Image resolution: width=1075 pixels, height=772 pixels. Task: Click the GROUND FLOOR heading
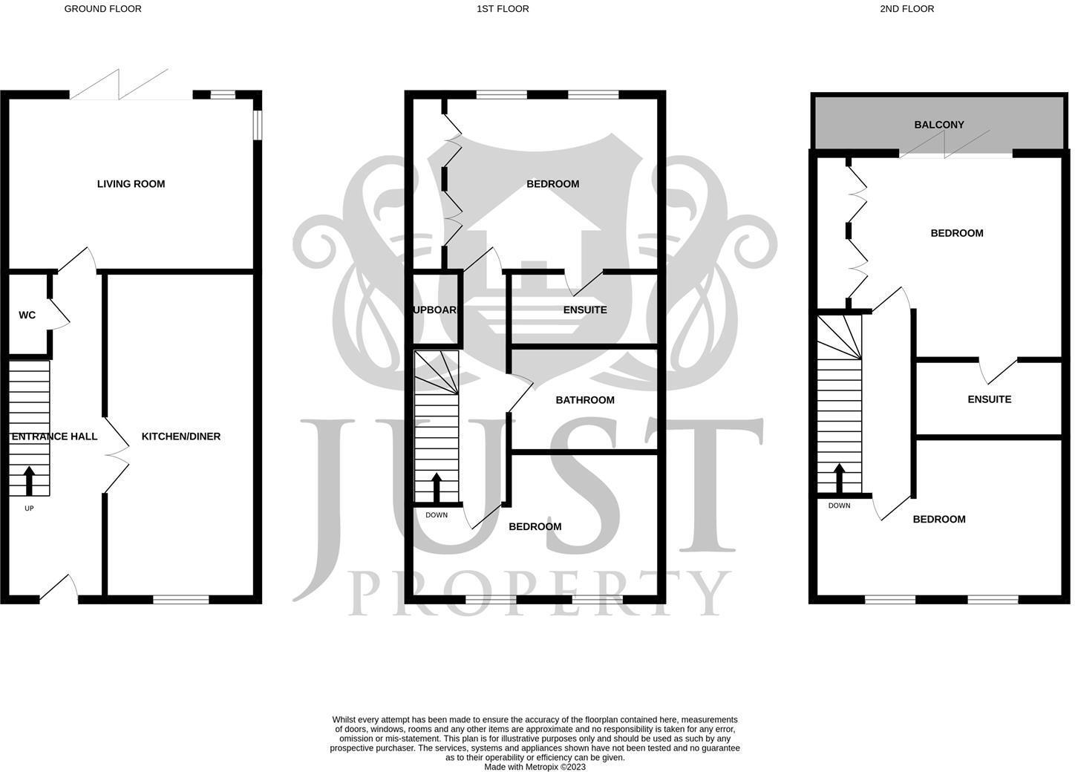click(102, 9)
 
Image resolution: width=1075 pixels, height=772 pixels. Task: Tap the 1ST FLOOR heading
click(503, 9)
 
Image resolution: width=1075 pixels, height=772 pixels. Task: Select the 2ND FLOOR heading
click(906, 9)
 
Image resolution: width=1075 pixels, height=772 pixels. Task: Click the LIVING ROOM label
click(131, 184)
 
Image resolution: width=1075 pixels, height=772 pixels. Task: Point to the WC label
click(27, 315)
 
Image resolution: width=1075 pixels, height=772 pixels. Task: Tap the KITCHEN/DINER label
click(181, 436)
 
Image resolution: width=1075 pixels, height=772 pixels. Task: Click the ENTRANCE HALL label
click(54, 436)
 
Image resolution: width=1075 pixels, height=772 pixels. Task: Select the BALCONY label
click(938, 125)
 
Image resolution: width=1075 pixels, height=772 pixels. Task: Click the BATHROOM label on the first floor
click(585, 400)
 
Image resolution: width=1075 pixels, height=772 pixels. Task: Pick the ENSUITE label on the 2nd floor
click(989, 399)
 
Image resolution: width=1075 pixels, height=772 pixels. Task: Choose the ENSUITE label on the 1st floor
click(585, 310)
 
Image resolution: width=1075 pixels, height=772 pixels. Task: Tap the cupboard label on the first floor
click(434, 310)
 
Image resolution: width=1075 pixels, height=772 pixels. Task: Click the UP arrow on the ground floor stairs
click(29, 480)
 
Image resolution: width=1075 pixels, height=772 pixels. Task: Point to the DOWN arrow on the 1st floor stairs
click(436, 488)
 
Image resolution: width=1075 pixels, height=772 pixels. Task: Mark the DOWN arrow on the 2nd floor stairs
click(839, 479)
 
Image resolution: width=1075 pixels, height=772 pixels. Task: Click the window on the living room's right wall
click(257, 125)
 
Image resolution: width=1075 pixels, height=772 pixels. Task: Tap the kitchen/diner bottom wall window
click(181, 599)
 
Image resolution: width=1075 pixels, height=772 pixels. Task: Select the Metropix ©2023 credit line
click(535, 767)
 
